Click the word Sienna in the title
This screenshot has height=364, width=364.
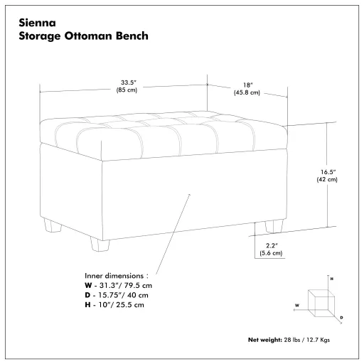tap(37, 22)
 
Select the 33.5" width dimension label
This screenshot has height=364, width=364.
tap(128, 82)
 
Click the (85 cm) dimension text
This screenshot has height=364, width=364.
tap(128, 90)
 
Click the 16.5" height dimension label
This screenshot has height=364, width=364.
tap(326, 171)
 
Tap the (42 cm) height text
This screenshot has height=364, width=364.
tap(326, 180)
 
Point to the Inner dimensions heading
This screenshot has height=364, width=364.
tap(116, 274)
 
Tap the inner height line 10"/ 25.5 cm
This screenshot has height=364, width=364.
tap(114, 305)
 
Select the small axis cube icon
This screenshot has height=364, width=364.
tap(325, 299)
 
